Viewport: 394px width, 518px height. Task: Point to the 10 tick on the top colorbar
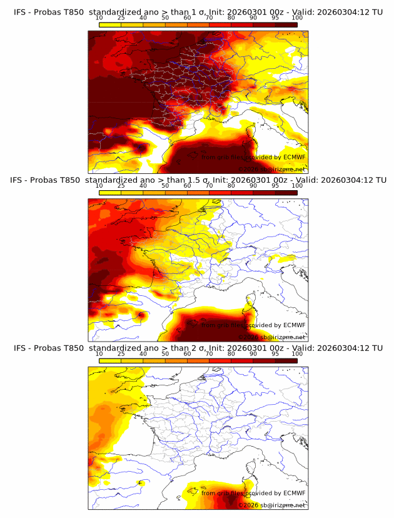pyautogui.click(x=99, y=18)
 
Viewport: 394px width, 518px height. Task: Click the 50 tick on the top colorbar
pyautogui.click(x=165, y=18)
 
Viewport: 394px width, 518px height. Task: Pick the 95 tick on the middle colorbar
pyautogui.click(x=275, y=185)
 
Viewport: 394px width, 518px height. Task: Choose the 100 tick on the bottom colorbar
pyautogui.click(x=297, y=353)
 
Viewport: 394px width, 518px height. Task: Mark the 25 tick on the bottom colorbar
pyautogui.click(x=121, y=353)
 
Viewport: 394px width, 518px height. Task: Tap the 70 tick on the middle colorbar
pyautogui.click(x=209, y=185)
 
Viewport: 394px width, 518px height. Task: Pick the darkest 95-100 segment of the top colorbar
pyautogui.click(x=286, y=24)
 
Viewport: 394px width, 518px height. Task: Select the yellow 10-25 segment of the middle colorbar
pyautogui.click(x=110, y=192)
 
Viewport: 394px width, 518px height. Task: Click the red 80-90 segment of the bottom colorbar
pyautogui.click(x=242, y=360)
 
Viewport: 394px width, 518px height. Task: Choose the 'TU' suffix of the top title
pyautogui.click(x=379, y=7)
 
